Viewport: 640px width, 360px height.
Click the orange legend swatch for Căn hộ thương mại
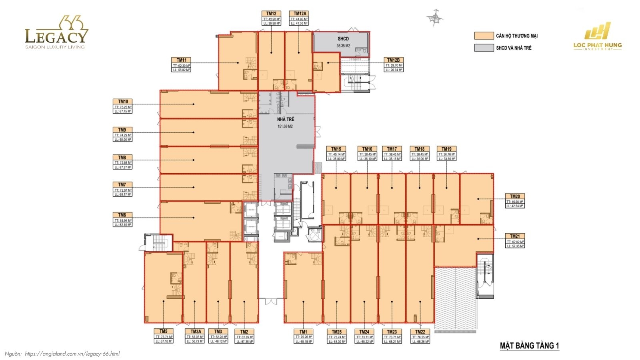click(x=484, y=36)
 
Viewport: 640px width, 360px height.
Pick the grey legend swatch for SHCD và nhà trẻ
click(x=484, y=48)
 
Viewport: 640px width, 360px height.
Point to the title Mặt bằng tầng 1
click(x=529, y=346)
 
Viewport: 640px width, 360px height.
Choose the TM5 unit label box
click(x=163, y=336)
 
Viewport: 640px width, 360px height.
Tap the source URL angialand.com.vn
click(x=72, y=354)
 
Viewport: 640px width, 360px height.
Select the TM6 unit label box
click(x=122, y=220)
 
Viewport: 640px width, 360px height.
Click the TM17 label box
click(x=392, y=154)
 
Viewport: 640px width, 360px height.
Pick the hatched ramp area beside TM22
click(x=456, y=298)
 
